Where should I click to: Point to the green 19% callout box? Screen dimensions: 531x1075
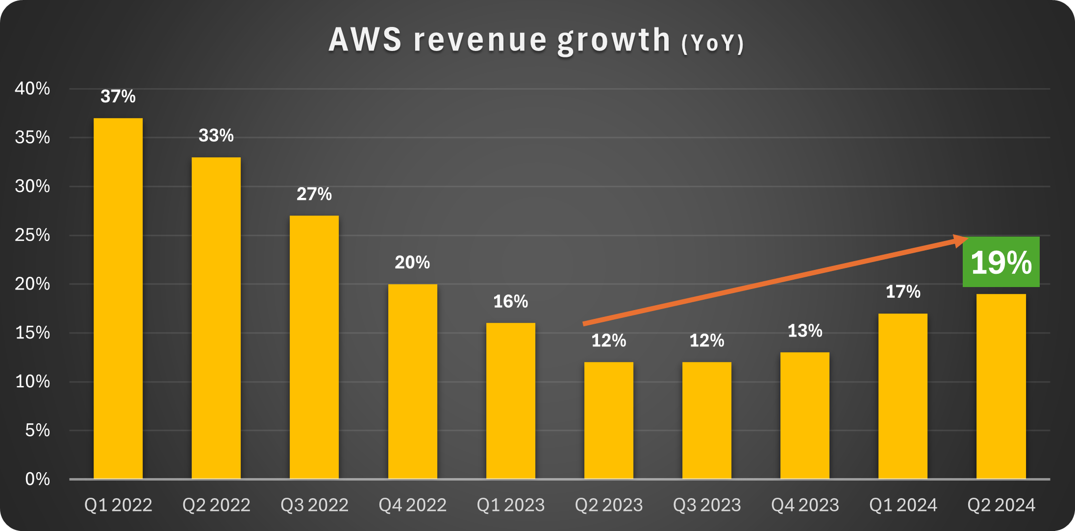(x=1001, y=262)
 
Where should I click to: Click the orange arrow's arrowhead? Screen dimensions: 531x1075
(x=961, y=240)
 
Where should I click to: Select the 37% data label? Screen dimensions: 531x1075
(x=118, y=97)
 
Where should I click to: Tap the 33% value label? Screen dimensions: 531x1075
(x=216, y=136)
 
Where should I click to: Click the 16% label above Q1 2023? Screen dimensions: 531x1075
(x=510, y=302)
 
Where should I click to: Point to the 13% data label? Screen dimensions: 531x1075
(x=804, y=331)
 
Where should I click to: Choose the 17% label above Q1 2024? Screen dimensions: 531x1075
(x=903, y=292)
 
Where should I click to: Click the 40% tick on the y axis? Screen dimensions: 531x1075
(x=32, y=89)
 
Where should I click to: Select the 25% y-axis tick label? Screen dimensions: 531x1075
(x=32, y=235)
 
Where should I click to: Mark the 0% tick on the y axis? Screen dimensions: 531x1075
(x=37, y=479)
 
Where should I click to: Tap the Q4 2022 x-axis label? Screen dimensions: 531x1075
(x=412, y=505)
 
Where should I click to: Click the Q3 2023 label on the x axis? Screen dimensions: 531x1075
(x=706, y=505)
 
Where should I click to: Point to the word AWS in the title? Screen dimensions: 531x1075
(x=365, y=40)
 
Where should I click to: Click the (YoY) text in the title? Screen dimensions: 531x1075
(x=713, y=43)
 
